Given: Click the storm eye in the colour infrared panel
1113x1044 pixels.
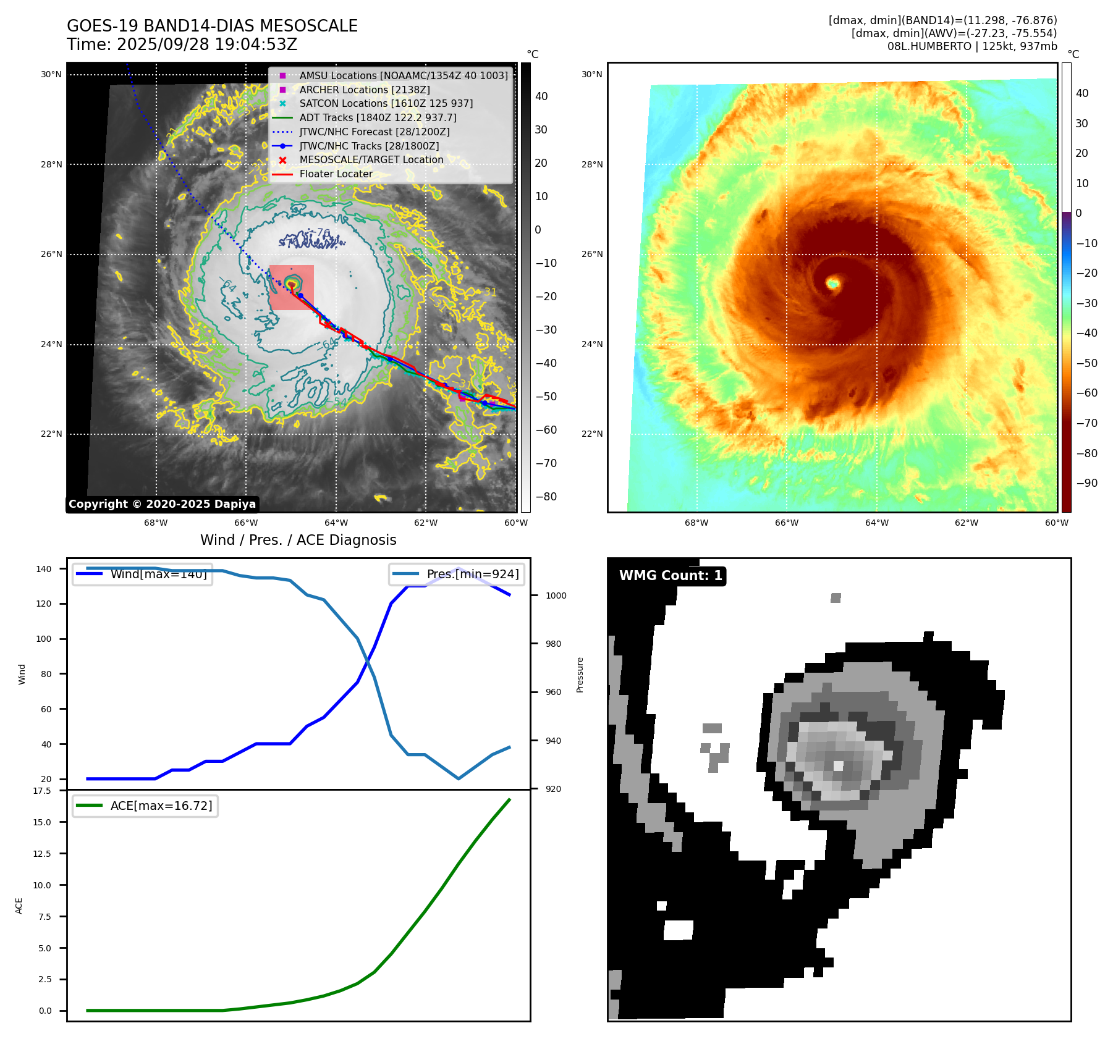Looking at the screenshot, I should pyautogui.click(x=833, y=284).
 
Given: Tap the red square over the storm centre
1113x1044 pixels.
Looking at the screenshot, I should pyautogui.click(x=291, y=288).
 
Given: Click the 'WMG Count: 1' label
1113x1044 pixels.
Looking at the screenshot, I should pyautogui.click(x=671, y=576).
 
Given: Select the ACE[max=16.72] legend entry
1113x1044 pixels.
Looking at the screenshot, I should pyautogui.click(x=145, y=806).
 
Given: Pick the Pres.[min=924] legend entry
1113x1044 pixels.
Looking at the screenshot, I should pyautogui.click(x=457, y=574).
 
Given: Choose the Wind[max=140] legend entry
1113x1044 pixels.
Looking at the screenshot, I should pyautogui.click(x=142, y=574).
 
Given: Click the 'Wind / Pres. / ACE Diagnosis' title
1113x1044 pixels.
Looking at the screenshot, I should pyautogui.click(x=298, y=540).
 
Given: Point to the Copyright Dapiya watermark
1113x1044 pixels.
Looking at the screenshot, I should pyautogui.click(x=162, y=504).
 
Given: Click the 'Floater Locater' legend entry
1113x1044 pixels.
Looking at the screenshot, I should pyautogui.click(x=336, y=174).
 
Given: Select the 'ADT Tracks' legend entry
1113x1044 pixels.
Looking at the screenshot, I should pyautogui.click(x=378, y=117).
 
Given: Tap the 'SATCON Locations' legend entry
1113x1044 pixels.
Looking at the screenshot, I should pyautogui.click(x=386, y=103).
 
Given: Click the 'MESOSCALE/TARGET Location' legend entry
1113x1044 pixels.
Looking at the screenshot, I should pyautogui.click(x=371, y=159).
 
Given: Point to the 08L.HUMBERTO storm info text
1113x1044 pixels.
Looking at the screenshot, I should pyautogui.click(x=971, y=46).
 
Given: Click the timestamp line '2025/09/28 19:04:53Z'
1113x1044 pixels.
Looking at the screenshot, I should pyautogui.click(x=182, y=44).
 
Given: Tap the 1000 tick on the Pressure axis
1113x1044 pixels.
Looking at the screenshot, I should pyautogui.click(x=556, y=596).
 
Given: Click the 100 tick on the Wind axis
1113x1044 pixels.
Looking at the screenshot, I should pyautogui.click(x=44, y=639).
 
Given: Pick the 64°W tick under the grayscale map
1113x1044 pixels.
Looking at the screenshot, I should pyautogui.click(x=336, y=523).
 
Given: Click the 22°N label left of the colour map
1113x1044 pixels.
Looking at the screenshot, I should pyautogui.click(x=591, y=434).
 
